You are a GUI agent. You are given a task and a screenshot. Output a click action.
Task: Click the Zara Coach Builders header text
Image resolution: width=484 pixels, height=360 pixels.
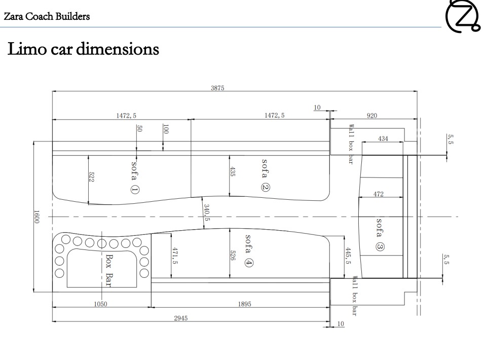click(47, 16)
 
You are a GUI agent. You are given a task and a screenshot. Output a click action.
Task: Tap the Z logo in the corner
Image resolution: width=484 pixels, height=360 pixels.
click(462, 16)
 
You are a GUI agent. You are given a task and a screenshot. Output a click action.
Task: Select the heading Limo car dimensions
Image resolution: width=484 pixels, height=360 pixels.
click(83, 49)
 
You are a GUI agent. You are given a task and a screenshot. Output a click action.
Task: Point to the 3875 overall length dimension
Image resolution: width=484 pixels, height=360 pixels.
click(217, 88)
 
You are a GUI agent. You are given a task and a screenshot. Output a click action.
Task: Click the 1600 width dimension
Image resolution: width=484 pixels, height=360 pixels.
click(36, 217)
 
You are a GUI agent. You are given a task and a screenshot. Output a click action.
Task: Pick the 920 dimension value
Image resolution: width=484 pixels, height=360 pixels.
click(371, 116)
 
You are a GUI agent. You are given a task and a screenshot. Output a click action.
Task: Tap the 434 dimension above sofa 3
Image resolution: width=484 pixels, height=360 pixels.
click(383, 138)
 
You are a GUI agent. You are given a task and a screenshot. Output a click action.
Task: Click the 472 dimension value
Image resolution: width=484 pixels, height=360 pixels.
click(379, 194)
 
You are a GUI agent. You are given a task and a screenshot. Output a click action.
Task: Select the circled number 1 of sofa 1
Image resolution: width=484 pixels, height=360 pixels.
click(135, 189)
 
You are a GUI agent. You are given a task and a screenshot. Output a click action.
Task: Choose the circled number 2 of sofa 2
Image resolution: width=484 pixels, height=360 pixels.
click(265, 187)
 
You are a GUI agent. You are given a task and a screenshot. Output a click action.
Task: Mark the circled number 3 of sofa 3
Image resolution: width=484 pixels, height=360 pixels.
click(380, 247)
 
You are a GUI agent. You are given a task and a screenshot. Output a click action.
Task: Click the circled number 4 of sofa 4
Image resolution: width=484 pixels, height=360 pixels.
click(248, 263)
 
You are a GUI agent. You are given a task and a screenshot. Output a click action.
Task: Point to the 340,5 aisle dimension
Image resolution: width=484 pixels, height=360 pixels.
click(207, 212)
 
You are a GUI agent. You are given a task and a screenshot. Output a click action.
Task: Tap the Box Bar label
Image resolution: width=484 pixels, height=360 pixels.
click(109, 270)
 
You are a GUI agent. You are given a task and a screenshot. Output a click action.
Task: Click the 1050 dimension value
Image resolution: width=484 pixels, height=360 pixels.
click(100, 304)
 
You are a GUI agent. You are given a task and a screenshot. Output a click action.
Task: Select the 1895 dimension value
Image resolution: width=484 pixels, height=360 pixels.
click(244, 304)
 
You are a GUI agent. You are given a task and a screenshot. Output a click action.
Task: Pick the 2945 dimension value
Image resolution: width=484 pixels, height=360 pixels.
click(180, 318)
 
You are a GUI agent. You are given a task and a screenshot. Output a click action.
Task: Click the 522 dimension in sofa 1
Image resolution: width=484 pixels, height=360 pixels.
click(91, 177)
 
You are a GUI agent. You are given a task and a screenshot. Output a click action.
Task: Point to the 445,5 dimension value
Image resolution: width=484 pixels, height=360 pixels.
click(348, 256)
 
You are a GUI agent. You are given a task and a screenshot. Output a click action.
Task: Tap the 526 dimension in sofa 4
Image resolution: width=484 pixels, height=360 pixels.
click(233, 255)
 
